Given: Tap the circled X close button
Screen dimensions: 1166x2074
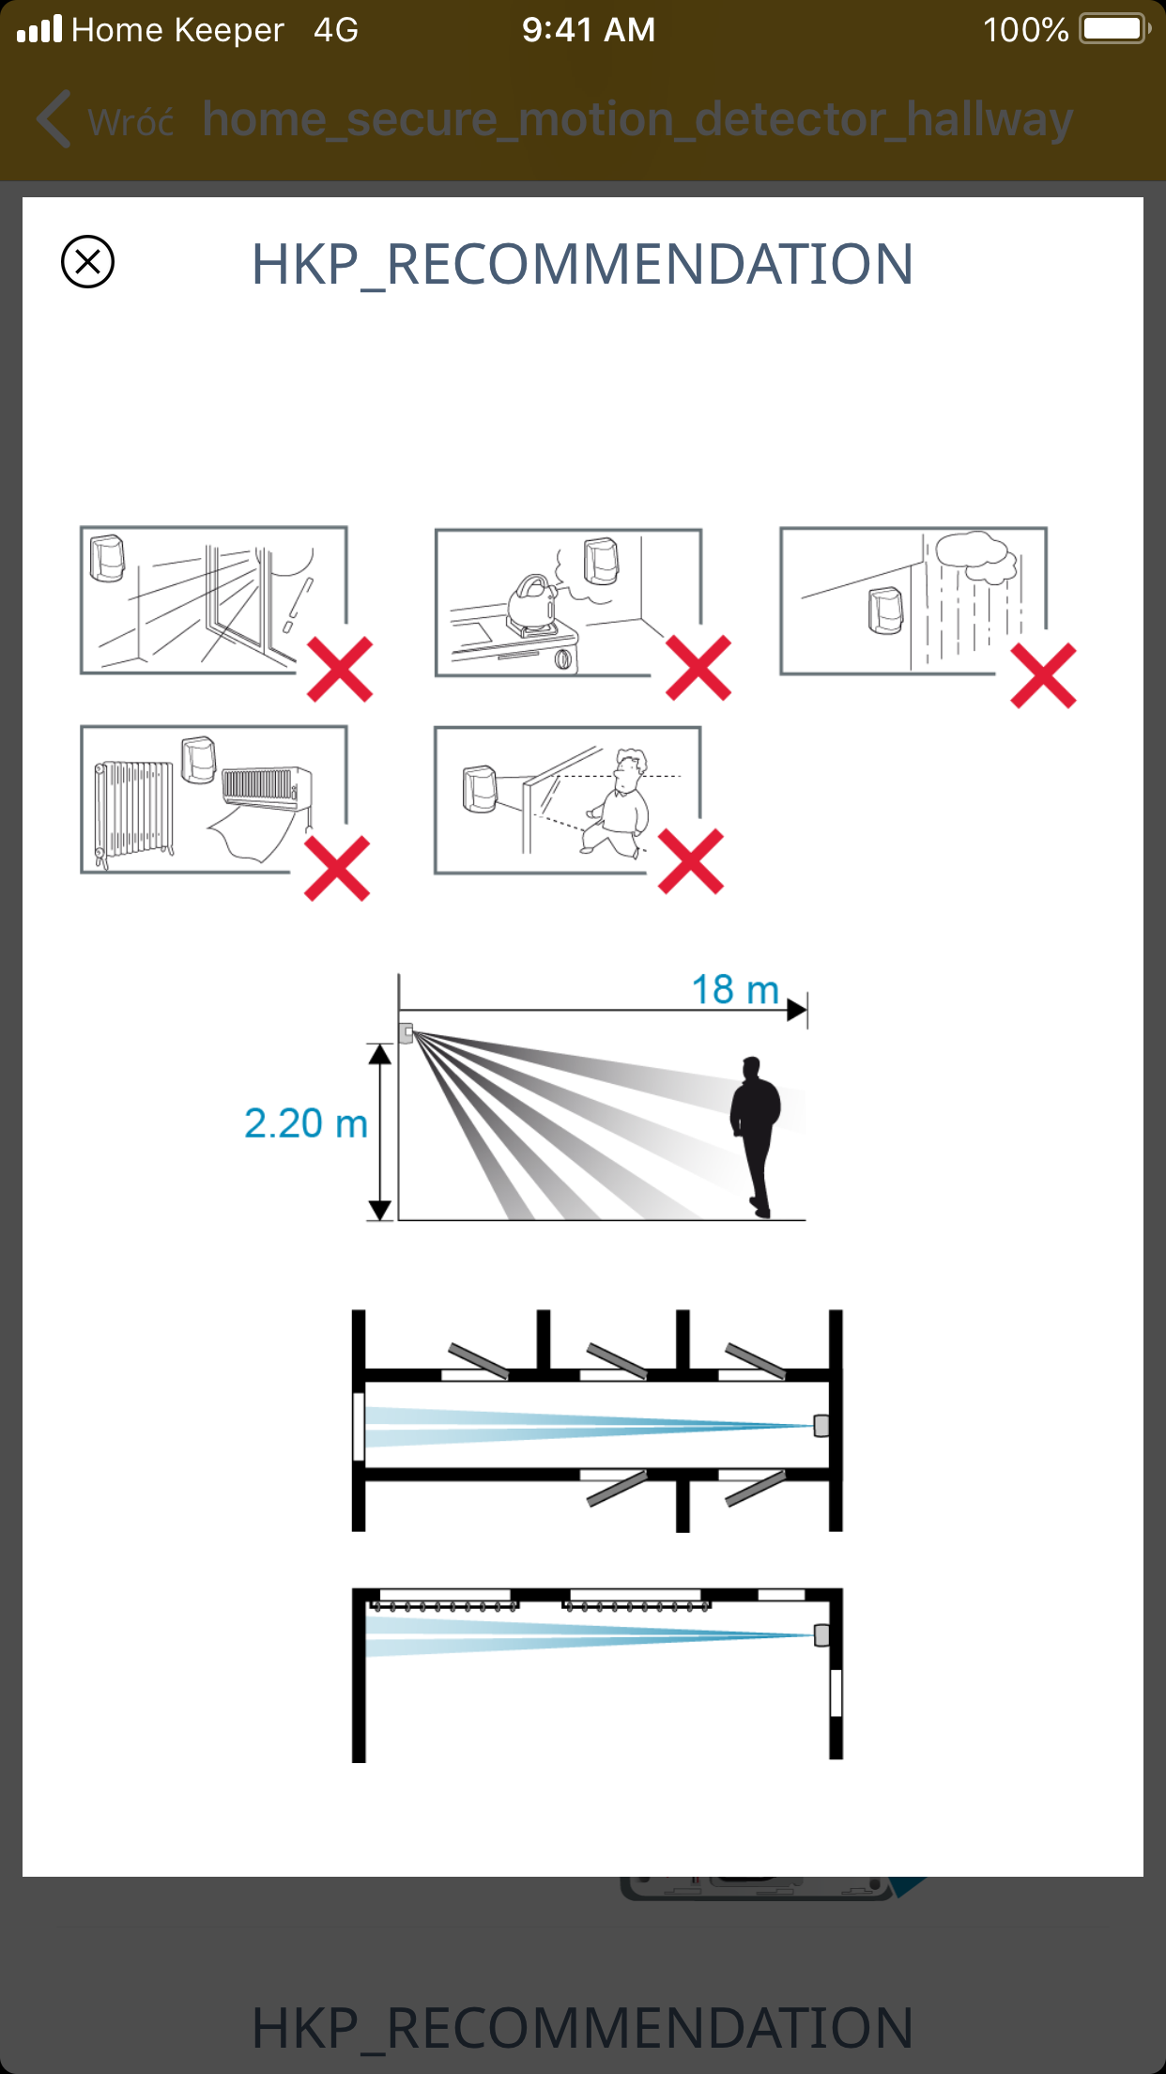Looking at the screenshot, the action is (87, 261).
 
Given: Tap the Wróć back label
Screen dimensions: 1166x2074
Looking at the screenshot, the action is (130, 122).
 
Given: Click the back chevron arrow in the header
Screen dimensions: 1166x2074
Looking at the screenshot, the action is (54, 119).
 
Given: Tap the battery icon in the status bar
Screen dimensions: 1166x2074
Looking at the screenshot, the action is (1115, 29).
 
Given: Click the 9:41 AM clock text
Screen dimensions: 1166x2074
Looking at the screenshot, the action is (589, 29).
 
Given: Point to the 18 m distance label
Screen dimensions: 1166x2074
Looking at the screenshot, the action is (735, 989).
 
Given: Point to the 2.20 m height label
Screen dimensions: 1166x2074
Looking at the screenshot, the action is (306, 1123).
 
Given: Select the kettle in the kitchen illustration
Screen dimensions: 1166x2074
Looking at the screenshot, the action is (532, 603).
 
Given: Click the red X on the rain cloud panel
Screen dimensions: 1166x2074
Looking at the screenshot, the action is (1043, 675).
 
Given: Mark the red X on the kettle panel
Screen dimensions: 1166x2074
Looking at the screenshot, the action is (698, 668).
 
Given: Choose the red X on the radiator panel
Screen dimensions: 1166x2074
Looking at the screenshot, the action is (337, 869).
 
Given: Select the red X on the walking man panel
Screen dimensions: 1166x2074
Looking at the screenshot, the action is (691, 861).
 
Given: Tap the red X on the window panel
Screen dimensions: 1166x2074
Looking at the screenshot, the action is (340, 670).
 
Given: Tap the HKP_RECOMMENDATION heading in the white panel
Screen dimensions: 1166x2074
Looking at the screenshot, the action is (582, 264).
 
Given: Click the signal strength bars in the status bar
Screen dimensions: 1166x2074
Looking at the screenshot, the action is (39, 28).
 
